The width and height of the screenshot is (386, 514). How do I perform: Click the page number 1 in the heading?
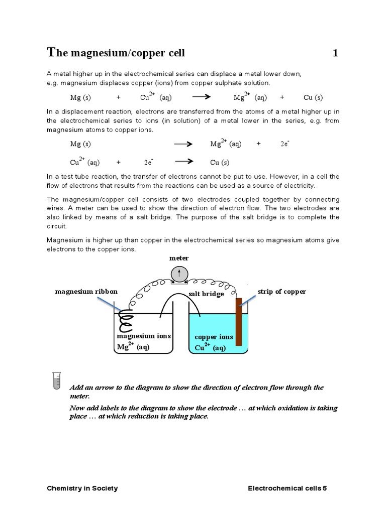(335, 53)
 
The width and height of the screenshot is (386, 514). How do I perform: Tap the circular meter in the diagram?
(179, 273)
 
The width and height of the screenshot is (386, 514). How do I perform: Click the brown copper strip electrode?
(239, 321)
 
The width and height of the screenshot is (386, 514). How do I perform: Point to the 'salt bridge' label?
(206, 294)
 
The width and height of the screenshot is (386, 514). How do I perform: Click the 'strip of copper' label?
(281, 292)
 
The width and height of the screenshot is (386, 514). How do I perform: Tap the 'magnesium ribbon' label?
(86, 292)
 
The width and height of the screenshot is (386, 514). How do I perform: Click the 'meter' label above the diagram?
(179, 258)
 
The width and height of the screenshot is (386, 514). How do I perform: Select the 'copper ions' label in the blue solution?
(214, 337)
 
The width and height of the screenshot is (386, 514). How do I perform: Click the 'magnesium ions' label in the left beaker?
(144, 336)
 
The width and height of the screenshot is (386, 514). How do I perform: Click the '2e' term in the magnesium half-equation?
(284, 144)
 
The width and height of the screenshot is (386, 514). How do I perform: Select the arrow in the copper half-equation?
(183, 162)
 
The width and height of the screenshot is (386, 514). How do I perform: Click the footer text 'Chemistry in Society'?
(82, 488)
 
